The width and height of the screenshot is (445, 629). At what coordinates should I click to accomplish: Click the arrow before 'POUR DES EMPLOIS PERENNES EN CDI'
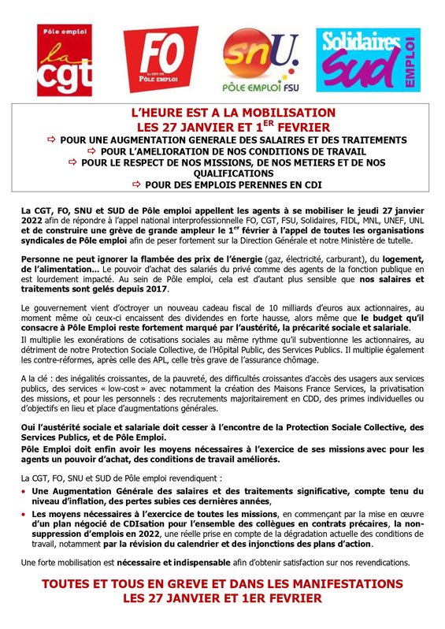[x=137, y=184]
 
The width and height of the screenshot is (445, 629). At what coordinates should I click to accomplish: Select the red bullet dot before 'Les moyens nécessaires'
[x=24, y=513]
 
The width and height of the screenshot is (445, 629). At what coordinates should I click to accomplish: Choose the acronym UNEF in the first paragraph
[x=376, y=221]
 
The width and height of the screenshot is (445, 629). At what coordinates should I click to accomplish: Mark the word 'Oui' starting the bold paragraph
[x=29, y=426]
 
